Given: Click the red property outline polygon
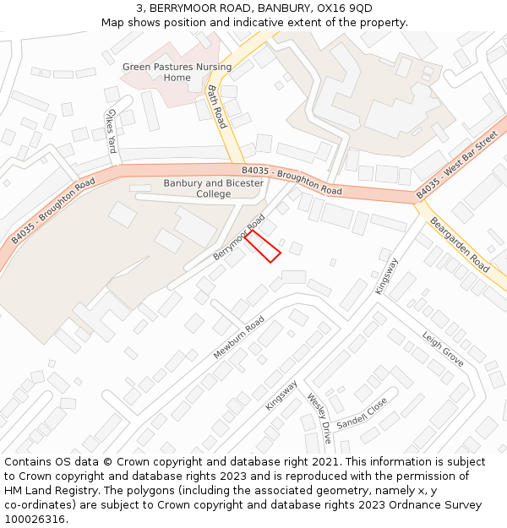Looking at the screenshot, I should [x=263, y=246].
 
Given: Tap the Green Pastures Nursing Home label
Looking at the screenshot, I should [x=177, y=72].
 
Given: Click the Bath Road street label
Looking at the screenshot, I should [x=218, y=106].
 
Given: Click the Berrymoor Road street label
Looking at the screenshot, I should [x=239, y=237].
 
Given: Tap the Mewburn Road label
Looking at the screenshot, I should [x=239, y=336].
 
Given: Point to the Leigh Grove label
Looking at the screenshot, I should [x=443, y=348].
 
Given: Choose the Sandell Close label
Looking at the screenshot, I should [x=362, y=412].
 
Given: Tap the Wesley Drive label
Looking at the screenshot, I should [x=319, y=418].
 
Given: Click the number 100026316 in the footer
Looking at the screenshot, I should [x=35, y=519].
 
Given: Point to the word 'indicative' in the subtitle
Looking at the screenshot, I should [x=253, y=22].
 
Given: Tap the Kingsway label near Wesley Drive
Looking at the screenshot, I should [x=281, y=395].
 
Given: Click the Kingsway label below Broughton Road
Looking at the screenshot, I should [x=385, y=275].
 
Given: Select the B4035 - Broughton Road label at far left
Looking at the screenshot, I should [x=52, y=211].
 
